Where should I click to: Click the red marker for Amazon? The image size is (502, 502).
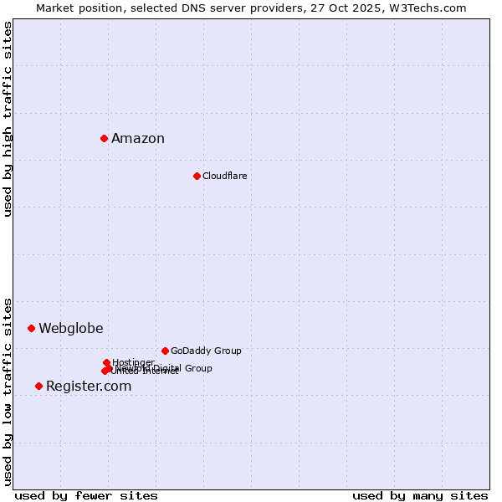104,138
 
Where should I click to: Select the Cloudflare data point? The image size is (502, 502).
197,176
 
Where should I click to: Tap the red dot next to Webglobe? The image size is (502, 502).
31,328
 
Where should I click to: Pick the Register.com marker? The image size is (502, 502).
38,386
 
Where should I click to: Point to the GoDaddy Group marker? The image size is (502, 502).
165,351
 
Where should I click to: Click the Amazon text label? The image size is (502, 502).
138,139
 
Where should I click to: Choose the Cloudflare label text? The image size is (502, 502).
224,176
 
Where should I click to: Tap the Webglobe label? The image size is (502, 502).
71,329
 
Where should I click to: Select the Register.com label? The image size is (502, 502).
89,387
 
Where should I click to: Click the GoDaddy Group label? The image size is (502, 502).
206,351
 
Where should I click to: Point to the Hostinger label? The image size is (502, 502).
133,362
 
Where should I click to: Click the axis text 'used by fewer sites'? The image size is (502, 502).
86,495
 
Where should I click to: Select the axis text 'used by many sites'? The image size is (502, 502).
420,495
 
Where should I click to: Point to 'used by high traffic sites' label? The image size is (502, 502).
8,119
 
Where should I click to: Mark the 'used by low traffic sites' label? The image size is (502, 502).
8,392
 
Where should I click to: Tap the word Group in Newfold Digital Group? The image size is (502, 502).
198,368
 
